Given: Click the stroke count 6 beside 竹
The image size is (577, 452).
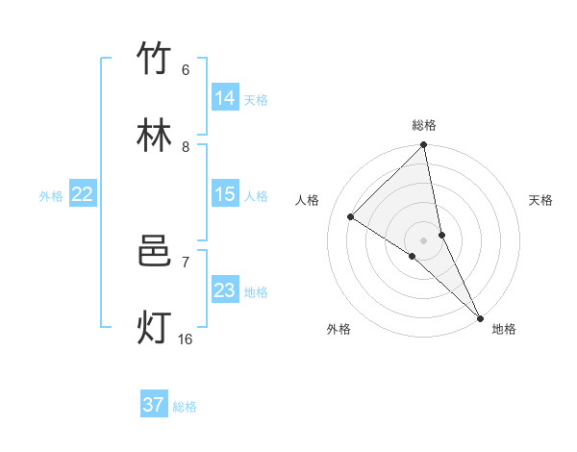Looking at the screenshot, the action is [186, 69].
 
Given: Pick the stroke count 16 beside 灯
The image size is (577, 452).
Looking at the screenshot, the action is [186, 339].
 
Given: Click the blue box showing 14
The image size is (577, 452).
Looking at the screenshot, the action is [225, 97].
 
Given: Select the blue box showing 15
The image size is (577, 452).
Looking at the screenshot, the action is [225, 193].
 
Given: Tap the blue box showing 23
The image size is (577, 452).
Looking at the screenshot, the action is [225, 289].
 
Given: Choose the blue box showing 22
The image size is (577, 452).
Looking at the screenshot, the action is [83, 193].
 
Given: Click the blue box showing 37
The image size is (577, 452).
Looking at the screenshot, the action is [154, 405].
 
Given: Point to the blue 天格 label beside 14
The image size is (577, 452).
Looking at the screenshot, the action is [256, 99].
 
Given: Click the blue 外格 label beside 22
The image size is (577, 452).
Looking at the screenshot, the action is [51, 195].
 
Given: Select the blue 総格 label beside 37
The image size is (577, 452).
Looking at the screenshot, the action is [185, 407].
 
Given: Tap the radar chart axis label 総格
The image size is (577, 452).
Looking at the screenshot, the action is [424, 125].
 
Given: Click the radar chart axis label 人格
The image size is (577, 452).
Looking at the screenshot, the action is [307, 200].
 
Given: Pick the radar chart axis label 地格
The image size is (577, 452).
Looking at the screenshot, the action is [504, 329].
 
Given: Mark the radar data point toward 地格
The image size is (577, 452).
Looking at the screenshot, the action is [479, 317].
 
